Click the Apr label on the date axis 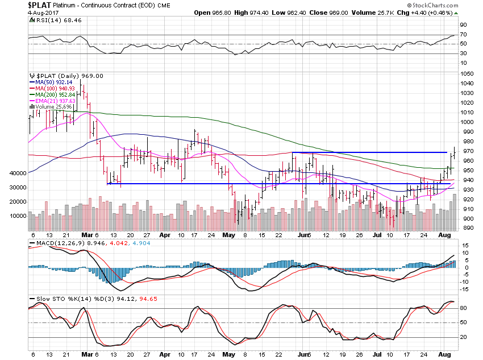(x=165, y=235)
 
